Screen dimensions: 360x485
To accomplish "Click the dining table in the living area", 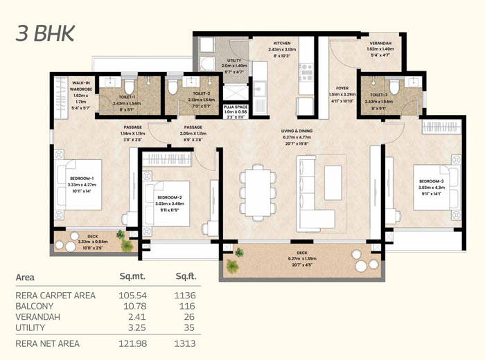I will (x=258, y=192).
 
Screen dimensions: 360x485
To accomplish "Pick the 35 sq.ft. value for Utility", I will (x=187, y=327).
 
